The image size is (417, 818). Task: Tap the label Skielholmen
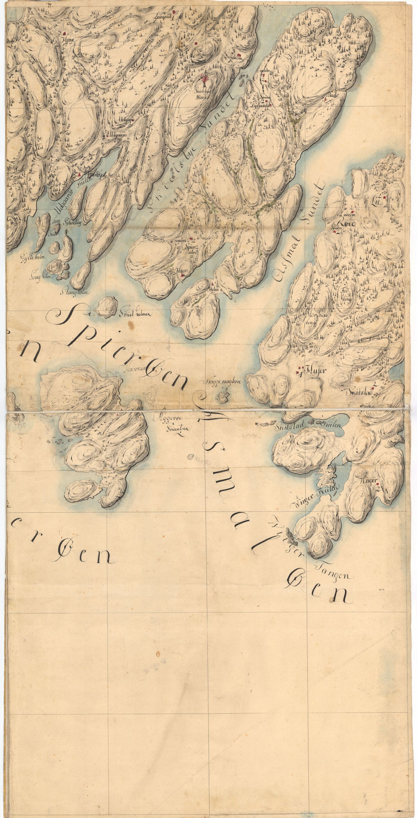pos(135,314)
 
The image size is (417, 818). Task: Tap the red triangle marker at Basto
pos(326,99)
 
